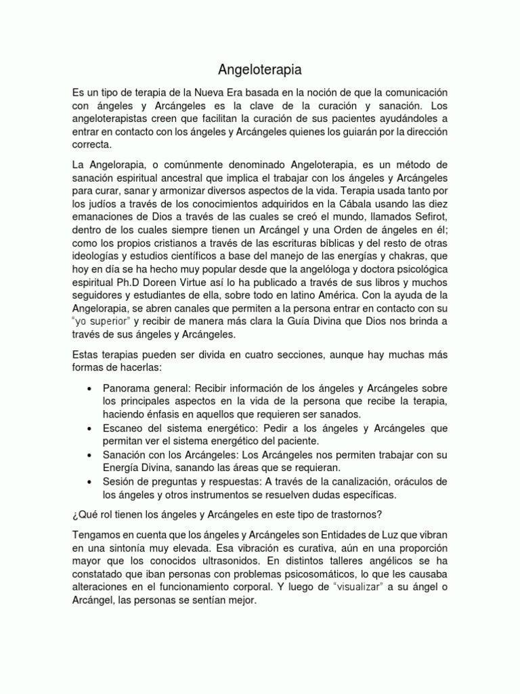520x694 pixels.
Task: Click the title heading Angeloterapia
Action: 260,68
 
